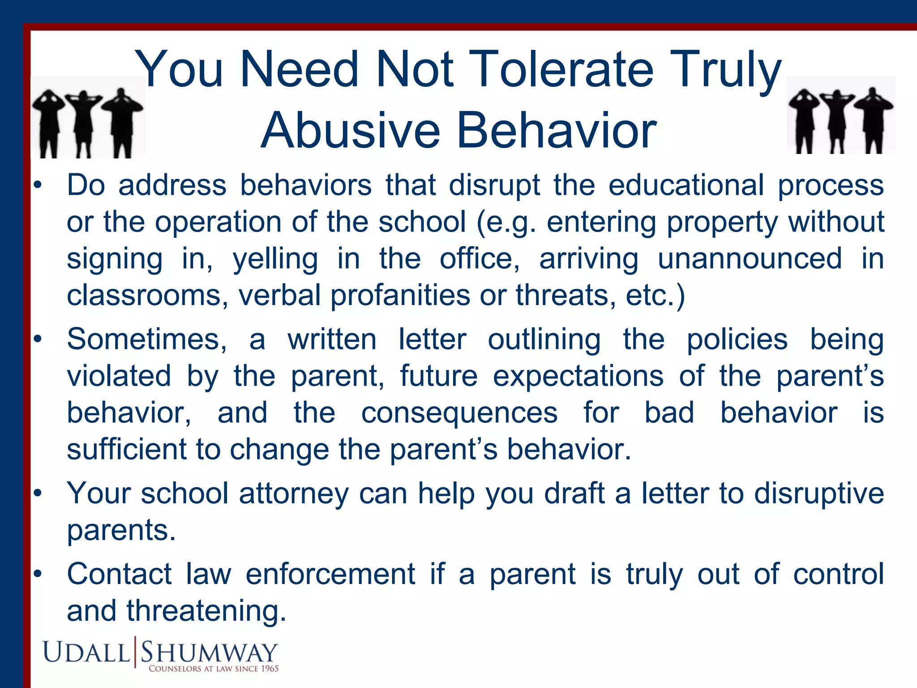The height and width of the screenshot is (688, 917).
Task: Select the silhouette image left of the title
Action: [x=88, y=118]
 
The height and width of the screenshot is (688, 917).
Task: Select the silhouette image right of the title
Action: [x=841, y=116]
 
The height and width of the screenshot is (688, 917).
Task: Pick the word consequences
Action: [x=459, y=413]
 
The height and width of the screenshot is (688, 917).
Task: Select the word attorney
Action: [x=294, y=494]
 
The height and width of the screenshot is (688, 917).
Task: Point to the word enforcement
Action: [x=330, y=574]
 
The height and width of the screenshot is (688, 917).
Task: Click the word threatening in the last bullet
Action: [x=206, y=611]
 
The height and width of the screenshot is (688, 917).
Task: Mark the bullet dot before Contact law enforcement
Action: [x=38, y=574]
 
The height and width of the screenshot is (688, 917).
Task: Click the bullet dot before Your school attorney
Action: [x=38, y=494]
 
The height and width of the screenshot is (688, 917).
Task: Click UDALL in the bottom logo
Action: [x=86, y=653]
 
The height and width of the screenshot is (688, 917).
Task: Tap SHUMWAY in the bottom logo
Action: [x=209, y=653]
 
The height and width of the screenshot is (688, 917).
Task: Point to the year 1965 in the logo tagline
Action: [x=270, y=669]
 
